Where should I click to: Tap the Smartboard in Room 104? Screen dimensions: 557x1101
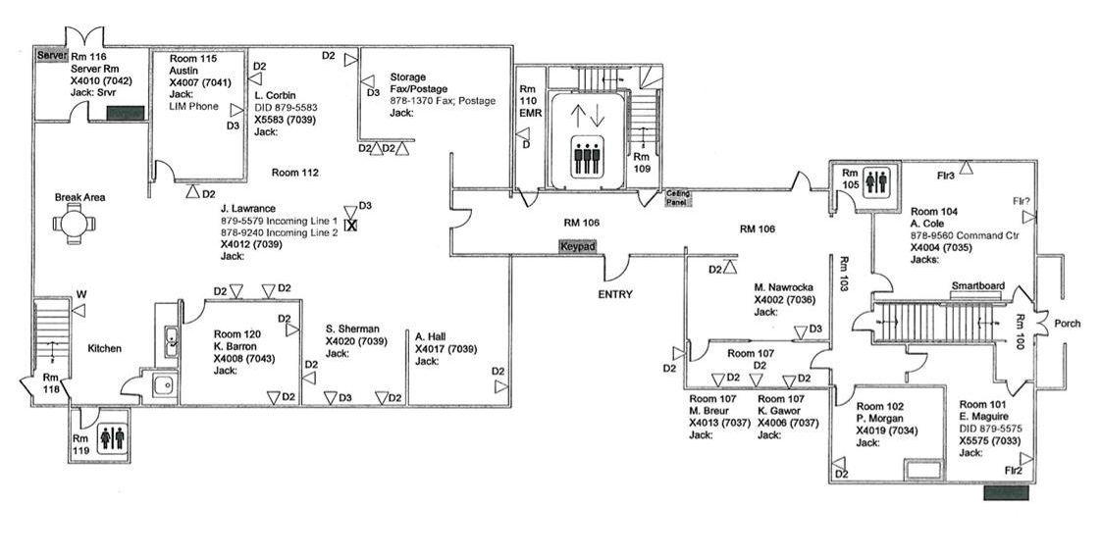click(x=977, y=286)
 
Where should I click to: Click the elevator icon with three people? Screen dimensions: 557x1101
click(x=587, y=160)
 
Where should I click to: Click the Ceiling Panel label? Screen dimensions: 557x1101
click(x=678, y=196)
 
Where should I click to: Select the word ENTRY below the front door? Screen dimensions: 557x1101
click(x=615, y=293)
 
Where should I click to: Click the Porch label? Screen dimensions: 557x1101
click(x=1067, y=323)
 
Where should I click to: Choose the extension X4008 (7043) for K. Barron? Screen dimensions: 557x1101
click(x=236, y=358)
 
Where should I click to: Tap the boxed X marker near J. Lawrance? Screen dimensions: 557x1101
click(x=351, y=225)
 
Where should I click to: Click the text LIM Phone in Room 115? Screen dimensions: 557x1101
click(x=193, y=106)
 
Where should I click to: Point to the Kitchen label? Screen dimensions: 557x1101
click(x=104, y=348)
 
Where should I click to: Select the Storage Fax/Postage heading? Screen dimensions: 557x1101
click(x=416, y=82)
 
